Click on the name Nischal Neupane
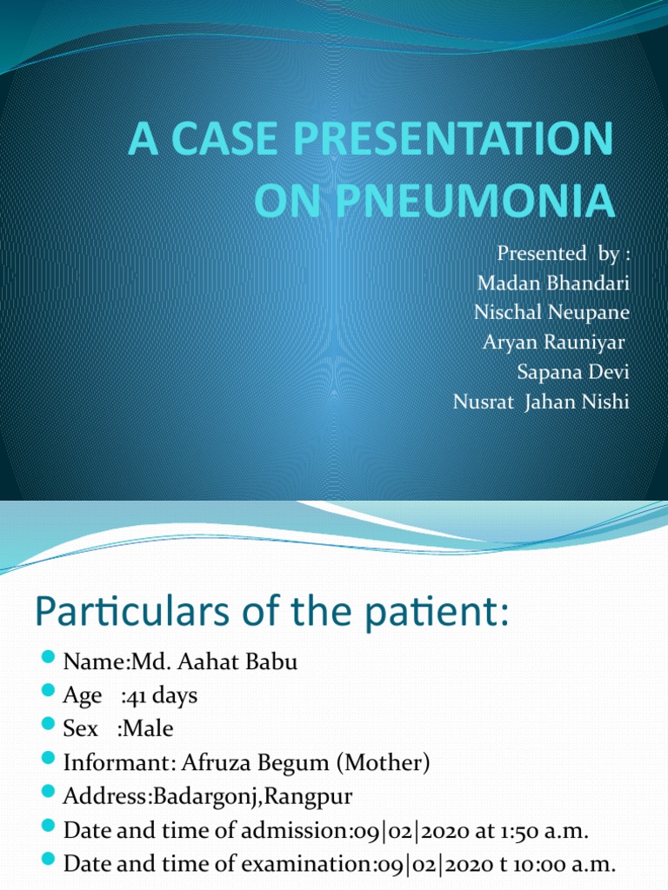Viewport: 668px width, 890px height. [x=551, y=312]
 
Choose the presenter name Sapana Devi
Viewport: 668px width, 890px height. [x=572, y=372]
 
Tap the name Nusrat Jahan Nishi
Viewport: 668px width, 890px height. [x=540, y=402]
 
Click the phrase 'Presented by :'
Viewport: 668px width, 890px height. [x=562, y=253]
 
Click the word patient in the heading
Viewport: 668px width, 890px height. [x=444, y=617]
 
